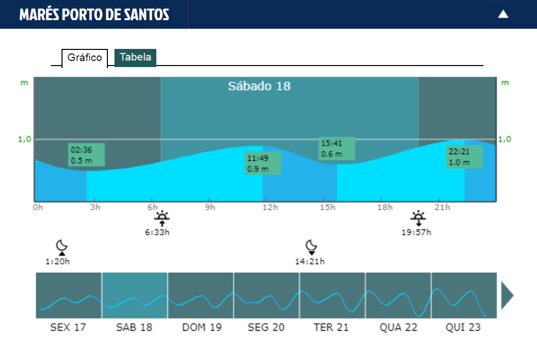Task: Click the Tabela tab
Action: pyautogui.click(x=135, y=57)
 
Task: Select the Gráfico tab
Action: pyautogui.click(x=85, y=58)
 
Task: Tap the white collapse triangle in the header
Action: pyautogui.click(x=503, y=14)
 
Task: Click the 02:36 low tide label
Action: pyautogui.click(x=86, y=155)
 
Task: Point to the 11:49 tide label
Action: pyautogui.click(x=262, y=163)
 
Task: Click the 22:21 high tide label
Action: pyautogui.click(x=464, y=157)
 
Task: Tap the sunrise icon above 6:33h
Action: pyautogui.click(x=162, y=218)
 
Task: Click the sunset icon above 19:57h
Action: pyautogui.click(x=418, y=218)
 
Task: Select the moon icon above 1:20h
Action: pyautogui.click(x=62, y=246)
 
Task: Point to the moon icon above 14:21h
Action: pyautogui.click(x=311, y=246)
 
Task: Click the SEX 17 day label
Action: pyautogui.click(x=68, y=327)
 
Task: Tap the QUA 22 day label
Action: pyautogui.click(x=398, y=327)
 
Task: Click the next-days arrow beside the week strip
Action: pyautogui.click(x=507, y=295)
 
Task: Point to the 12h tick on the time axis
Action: pyautogui.click(x=270, y=207)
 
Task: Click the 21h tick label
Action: pyautogui.click(x=442, y=207)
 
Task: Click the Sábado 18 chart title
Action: pyautogui.click(x=259, y=86)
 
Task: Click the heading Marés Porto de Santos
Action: pyautogui.click(x=94, y=15)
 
